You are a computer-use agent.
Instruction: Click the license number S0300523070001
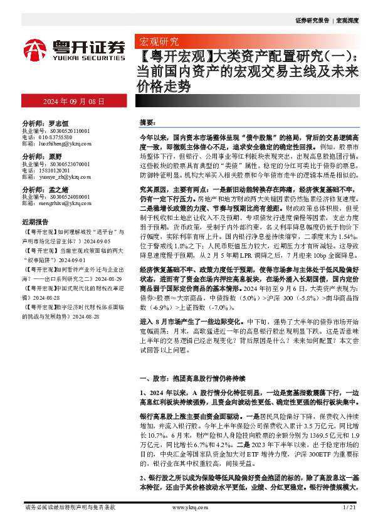tap(64, 163)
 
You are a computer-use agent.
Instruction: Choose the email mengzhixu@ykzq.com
tap(58, 203)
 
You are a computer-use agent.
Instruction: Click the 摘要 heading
tap(147, 121)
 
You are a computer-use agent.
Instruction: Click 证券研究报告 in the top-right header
tap(312, 21)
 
